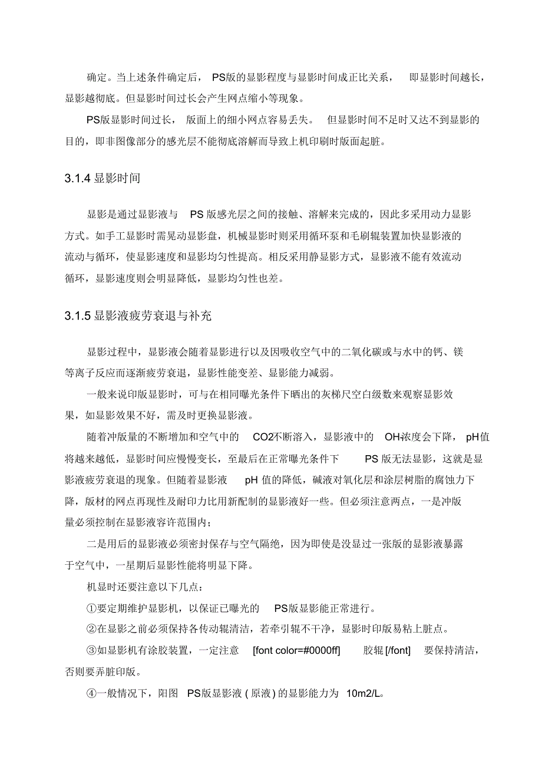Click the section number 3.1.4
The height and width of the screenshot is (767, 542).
tap(78, 178)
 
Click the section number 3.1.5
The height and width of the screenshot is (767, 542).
tap(78, 316)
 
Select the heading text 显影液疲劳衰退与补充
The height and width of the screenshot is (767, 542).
tap(153, 316)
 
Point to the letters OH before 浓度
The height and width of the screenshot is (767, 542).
tap(392, 437)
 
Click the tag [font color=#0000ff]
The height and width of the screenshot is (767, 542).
tap(301, 651)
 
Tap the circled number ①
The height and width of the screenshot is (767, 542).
tap(91, 608)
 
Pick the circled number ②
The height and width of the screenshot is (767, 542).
tap(91, 630)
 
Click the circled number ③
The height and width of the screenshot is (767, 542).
tap(91, 651)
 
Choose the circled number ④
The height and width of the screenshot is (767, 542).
tap(91, 694)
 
